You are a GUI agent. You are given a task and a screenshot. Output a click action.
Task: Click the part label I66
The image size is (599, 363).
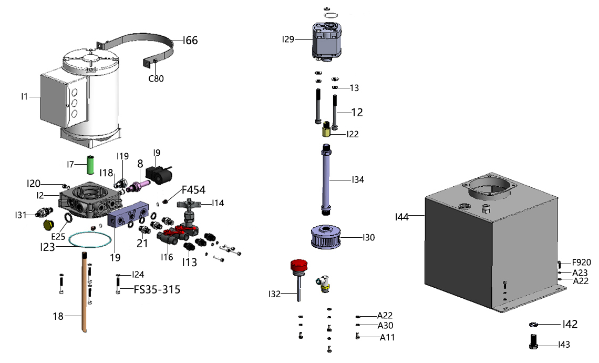click(x=190, y=41)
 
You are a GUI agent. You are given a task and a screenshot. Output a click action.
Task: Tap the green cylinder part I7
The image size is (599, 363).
click(x=90, y=166)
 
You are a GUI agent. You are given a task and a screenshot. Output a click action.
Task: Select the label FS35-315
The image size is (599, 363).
click(x=157, y=289)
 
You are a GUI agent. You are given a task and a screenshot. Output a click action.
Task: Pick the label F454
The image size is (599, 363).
click(x=193, y=190)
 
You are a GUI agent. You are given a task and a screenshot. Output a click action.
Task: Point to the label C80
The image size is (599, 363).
click(x=156, y=79)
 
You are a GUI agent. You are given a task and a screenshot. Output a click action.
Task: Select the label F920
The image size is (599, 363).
click(x=582, y=262)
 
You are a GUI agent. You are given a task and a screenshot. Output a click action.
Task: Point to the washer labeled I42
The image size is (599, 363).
click(x=533, y=324)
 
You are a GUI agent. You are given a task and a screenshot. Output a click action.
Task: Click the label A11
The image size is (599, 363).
click(x=387, y=337)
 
